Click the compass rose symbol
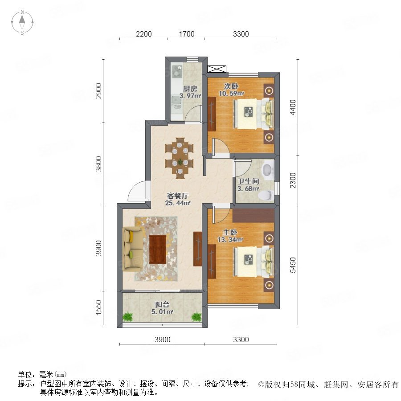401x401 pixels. tap(22, 22)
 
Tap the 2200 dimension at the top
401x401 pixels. tap(144, 34)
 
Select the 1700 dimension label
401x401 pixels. tap(186, 34)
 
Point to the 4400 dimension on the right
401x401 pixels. tap(293, 107)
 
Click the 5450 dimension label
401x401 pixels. tap(293, 265)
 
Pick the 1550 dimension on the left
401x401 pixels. tap(98, 307)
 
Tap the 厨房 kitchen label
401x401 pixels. tap(190, 89)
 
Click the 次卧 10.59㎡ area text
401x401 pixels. tap(231, 94)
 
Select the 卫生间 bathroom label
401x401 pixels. tap(248, 181)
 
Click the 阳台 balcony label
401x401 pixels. tap(162, 305)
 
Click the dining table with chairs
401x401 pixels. tap(180, 158)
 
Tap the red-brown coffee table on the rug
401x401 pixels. tap(158, 250)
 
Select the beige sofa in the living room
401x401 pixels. tap(132, 249)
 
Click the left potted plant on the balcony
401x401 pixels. tap(127, 317)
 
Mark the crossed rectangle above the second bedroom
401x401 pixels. tap(217, 69)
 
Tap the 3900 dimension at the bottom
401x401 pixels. tap(162, 340)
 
